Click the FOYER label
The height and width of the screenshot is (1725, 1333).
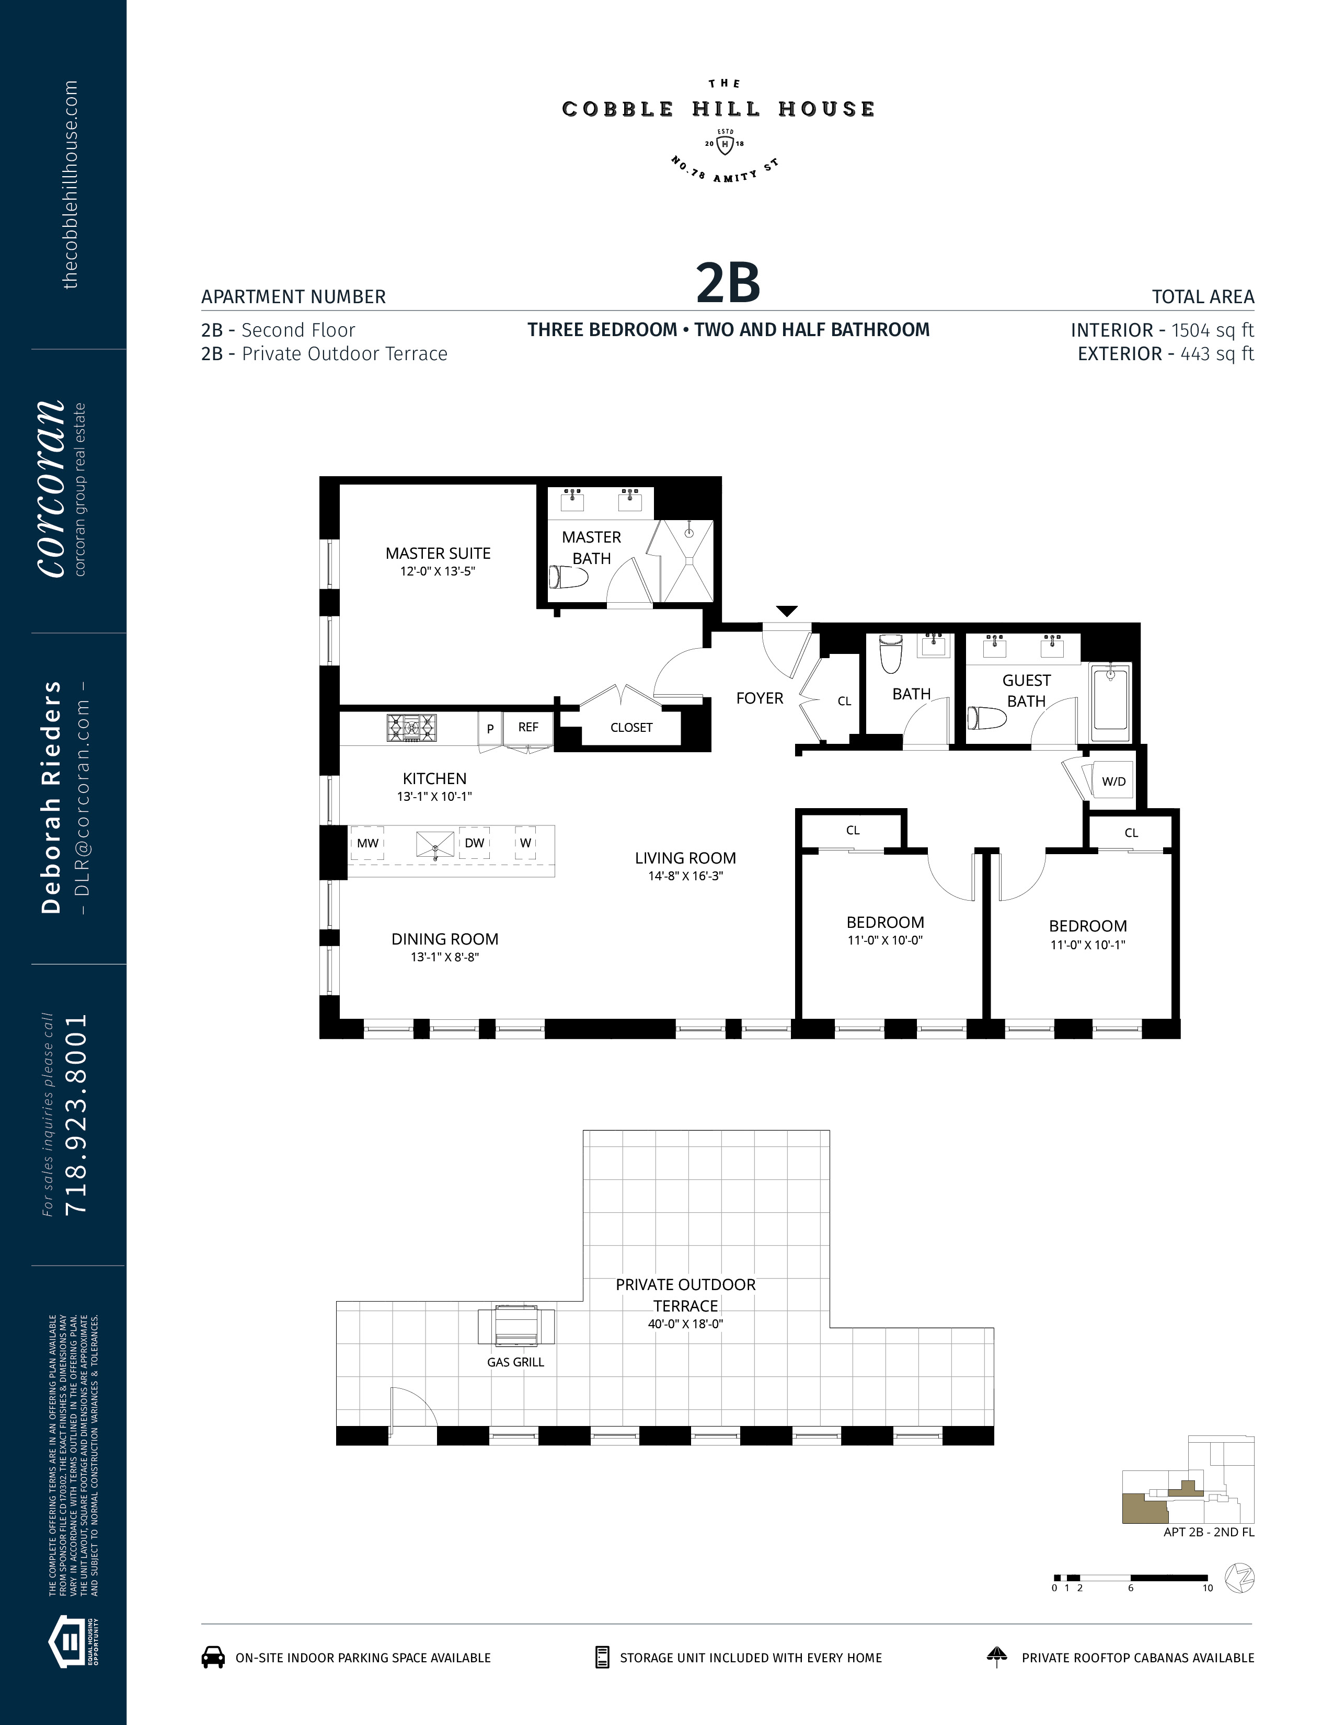point(760,698)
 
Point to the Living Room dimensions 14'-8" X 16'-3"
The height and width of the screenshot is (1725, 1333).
point(685,876)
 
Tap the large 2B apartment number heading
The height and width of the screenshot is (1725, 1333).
point(728,283)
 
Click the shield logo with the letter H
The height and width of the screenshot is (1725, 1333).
point(725,145)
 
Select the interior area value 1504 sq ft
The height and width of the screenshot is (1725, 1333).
point(1212,330)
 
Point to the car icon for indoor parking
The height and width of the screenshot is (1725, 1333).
point(213,1657)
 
